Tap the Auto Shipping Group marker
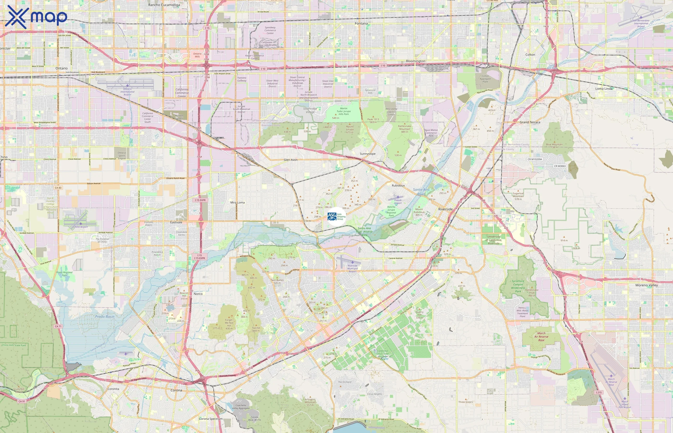click(x=336, y=216)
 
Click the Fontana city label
click(x=361, y=23)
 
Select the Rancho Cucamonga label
click(x=164, y=5)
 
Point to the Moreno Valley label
click(x=646, y=285)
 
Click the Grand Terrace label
click(x=530, y=122)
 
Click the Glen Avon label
click(x=290, y=160)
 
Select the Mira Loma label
click(x=237, y=203)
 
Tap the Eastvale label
click(x=176, y=222)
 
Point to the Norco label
click(x=198, y=294)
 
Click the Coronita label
click(x=113, y=389)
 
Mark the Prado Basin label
click(x=105, y=317)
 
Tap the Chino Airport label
click(x=81, y=227)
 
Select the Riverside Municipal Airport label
click(x=353, y=268)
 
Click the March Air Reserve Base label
click(x=541, y=337)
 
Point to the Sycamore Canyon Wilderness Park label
click(x=518, y=286)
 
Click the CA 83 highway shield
click(x=58, y=188)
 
